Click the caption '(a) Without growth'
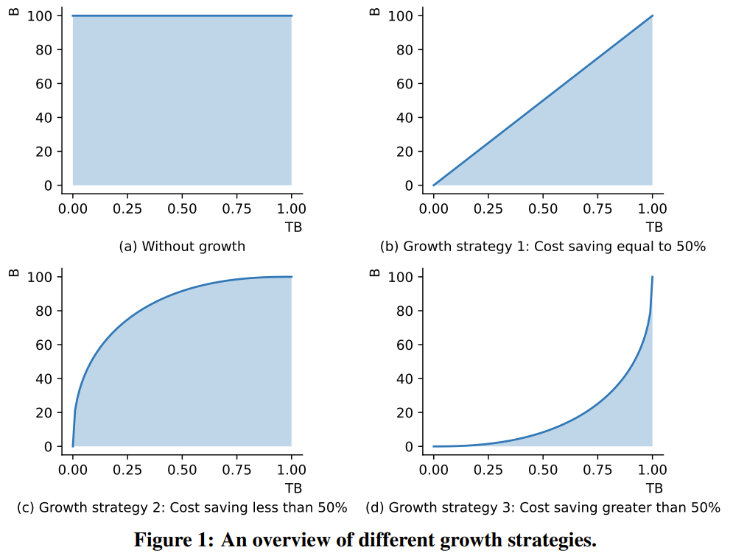click(182, 247)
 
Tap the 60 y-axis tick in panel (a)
click(43, 83)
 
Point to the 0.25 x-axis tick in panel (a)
click(127, 209)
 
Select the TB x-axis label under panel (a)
click(293, 227)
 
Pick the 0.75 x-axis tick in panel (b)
click(597, 209)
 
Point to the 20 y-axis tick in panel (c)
click(43, 413)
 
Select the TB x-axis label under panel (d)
click(654, 488)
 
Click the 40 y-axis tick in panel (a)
click(43, 117)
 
